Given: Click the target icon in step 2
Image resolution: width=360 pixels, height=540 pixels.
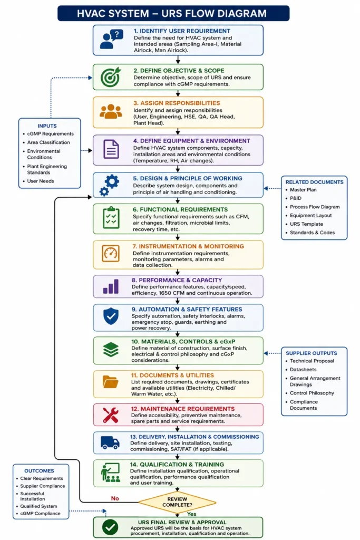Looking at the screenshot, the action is (x=111, y=77).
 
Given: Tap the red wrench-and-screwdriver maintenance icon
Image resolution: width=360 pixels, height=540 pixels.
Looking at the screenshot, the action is (x=111, y=414).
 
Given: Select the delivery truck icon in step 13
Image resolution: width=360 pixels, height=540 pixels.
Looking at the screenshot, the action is (x=110, y=442).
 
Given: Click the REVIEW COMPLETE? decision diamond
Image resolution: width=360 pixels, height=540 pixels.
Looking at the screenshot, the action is (x=177, y=502).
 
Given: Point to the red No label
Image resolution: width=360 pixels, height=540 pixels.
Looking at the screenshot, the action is (x=115, y=498).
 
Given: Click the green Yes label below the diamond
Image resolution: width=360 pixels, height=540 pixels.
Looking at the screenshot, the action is (x=192, y=514).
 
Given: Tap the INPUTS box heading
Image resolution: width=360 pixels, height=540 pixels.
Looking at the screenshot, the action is (x=47, y=126).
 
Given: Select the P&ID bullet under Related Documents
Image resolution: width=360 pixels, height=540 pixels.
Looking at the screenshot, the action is (x=296, y=198).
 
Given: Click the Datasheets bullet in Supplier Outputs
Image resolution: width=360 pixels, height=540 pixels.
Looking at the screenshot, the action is (x=303, y=370).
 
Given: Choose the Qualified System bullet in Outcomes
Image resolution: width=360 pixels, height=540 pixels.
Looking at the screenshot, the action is (x=38, y=506).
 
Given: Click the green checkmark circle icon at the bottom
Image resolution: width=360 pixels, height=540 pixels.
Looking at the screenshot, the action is (x=110, y=527).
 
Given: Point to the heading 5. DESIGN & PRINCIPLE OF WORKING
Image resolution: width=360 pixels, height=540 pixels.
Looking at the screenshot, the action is (x=188, y=178).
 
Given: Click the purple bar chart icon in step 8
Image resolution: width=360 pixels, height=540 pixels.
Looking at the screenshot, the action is (x=111, y=286).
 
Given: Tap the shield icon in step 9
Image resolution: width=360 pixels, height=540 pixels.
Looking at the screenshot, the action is (x=111, y=316).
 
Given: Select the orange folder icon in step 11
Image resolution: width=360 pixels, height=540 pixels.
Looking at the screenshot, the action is (x=111, y=382).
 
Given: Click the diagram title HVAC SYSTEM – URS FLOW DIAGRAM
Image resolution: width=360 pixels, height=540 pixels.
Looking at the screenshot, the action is (x=172, y=13).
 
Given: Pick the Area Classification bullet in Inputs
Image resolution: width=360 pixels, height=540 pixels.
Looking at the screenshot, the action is (x=48, y=142).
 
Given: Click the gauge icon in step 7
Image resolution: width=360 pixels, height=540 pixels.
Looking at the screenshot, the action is (x=111, y=254).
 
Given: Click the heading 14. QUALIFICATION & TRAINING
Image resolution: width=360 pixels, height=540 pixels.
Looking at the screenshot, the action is (x=177, y=464).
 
